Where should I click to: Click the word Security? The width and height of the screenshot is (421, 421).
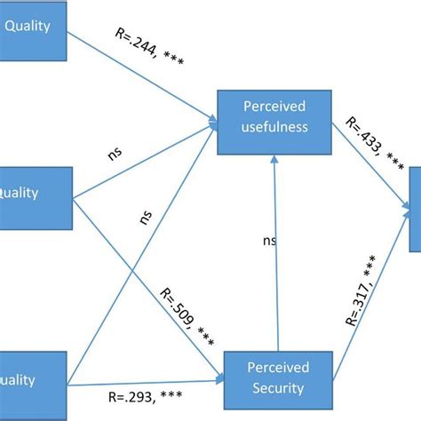click(278, 387)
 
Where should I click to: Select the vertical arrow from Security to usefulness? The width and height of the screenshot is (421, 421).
click(278, 266)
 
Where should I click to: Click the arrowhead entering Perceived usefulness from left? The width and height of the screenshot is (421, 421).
click(212, 122)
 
